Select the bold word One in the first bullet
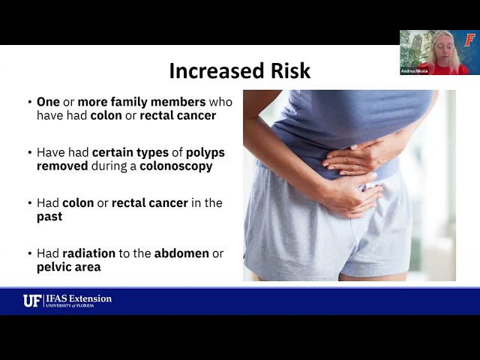[x=49, y=102]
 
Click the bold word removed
[x=61, y=166]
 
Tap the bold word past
[x=49, y=216]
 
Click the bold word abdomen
[x=181, y=253]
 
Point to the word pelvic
[x=55, y=267]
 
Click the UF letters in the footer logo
[x=32, y=301]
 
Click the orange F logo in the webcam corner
[x=469, y=40]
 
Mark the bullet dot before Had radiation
[x=29, y=253]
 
